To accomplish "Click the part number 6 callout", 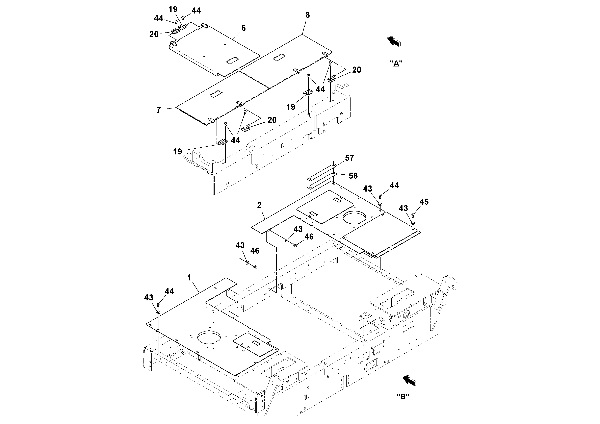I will coord(243,28).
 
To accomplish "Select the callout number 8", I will coord(307,15).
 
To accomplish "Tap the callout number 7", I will coord(158,110).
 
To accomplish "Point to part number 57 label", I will coord(349,158).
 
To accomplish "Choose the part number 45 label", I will coord(424,202).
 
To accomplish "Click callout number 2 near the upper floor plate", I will coord(259,205).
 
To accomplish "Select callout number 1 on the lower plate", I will coord(189,278).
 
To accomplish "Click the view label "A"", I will coord(396,64).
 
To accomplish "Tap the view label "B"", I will coord(403,397).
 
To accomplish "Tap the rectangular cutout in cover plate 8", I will coord(279,57).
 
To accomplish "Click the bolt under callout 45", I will coord(413,215).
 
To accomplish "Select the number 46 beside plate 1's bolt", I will coord(255,251).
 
